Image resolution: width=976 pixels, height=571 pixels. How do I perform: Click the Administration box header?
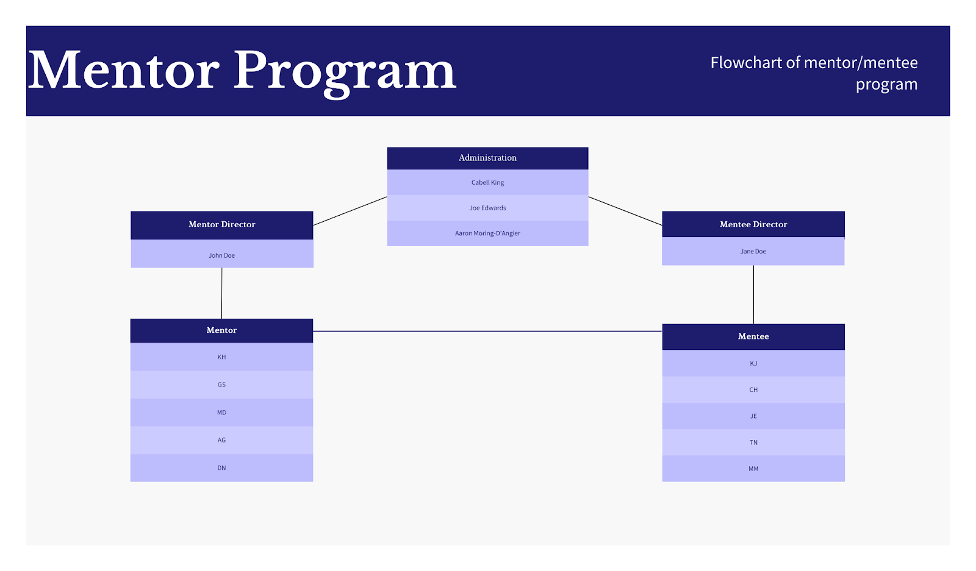[x=487, y=158]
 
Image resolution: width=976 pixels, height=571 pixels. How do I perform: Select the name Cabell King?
[x=487, y=182]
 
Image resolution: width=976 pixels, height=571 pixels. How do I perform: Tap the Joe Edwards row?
[x=487, y=208]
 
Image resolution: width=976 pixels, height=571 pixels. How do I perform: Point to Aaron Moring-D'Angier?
[x=487, y=233]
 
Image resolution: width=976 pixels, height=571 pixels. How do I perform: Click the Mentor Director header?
[x=222, y=225]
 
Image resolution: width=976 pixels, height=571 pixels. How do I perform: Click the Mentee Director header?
[x=753, y=224]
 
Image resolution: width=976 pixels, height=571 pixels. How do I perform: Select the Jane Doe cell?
[x=753, y=251]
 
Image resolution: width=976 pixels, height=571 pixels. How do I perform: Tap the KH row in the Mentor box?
[x=222, y=357]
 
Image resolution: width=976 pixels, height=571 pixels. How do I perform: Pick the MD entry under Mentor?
[x=222, y=412]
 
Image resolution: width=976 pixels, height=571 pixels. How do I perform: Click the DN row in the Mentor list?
[x=222, y=468]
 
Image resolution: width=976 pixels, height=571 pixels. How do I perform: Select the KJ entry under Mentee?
[x=753, y=363]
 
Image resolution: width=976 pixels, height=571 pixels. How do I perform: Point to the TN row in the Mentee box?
[x=753, y=442]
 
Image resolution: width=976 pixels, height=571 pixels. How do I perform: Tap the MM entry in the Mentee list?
[x=753, y=469]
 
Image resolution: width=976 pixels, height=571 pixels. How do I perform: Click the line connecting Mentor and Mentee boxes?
[x=487, y=331]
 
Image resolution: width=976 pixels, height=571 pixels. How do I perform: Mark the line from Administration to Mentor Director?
[x=350, y=211]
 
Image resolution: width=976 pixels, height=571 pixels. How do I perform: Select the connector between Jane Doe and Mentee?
[x=753, y=294]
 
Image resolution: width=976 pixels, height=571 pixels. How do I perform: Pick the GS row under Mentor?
[x=222, y=385]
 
